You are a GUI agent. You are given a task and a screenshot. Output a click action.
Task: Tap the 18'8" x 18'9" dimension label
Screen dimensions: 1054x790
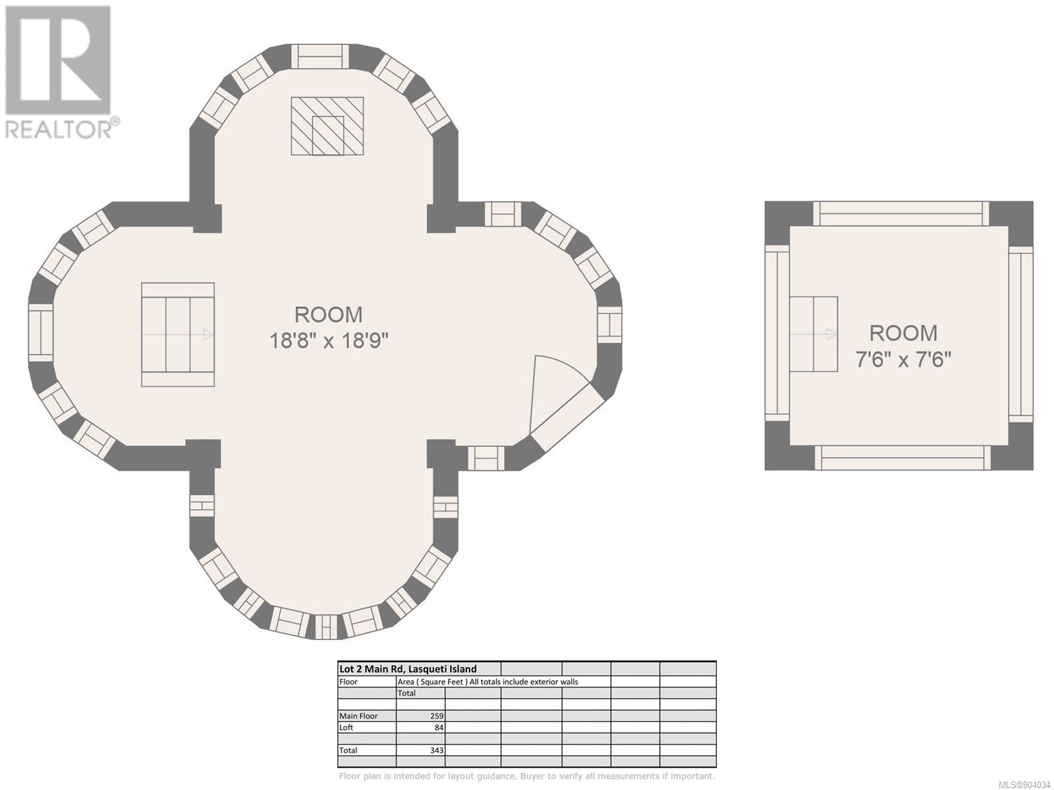pyautogui.click(x=329, y=341)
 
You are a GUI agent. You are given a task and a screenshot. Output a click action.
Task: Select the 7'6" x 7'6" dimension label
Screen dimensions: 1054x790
pyautogui.click(x=903, y=359)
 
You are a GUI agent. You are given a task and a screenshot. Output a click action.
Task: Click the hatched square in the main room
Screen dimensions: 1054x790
pyautogui.click(x=327, y=126)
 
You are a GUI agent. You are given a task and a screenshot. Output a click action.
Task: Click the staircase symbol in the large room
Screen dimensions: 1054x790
pyautogui.click(x=178, y=334)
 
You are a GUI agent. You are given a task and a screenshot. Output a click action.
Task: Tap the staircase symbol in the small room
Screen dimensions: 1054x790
pyautogui.click(x=814, y=334)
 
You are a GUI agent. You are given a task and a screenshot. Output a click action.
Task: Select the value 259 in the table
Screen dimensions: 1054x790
pyautogui.click(x=437, y=716)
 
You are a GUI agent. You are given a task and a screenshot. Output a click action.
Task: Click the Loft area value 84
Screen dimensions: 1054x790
pyautogui.click(x=439, y=727)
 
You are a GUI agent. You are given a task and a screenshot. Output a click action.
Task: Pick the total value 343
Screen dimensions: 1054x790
pyautogui.click(x=437, y=750)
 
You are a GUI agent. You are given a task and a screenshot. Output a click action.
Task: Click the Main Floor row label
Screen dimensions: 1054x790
pyautogui.click(x=358, y=716)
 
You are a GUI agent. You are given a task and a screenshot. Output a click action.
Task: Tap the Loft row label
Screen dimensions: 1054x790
pyautogui.click(x=347, y=727)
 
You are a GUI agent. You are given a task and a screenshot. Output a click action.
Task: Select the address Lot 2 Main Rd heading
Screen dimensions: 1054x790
pyautogui.click(x=408, y=669)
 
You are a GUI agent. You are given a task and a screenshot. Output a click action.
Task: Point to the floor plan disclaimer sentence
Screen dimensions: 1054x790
pyautogui.click(x=527, y=776)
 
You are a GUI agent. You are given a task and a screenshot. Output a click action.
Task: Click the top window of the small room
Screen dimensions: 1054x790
pyautogui.click(x=901, y=213)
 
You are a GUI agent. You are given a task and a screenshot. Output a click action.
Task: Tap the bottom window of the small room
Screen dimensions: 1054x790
pyautogui.click(x=902, y=458)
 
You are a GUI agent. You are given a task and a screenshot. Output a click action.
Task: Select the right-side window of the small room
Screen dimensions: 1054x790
pyautogui.click(x=1021, y=334)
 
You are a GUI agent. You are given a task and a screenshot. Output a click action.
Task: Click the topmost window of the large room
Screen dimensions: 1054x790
pyautogui.click(x=319, y=57)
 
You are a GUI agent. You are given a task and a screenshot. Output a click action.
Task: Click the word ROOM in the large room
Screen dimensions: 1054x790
pyautogui.click(x=329, y=315)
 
